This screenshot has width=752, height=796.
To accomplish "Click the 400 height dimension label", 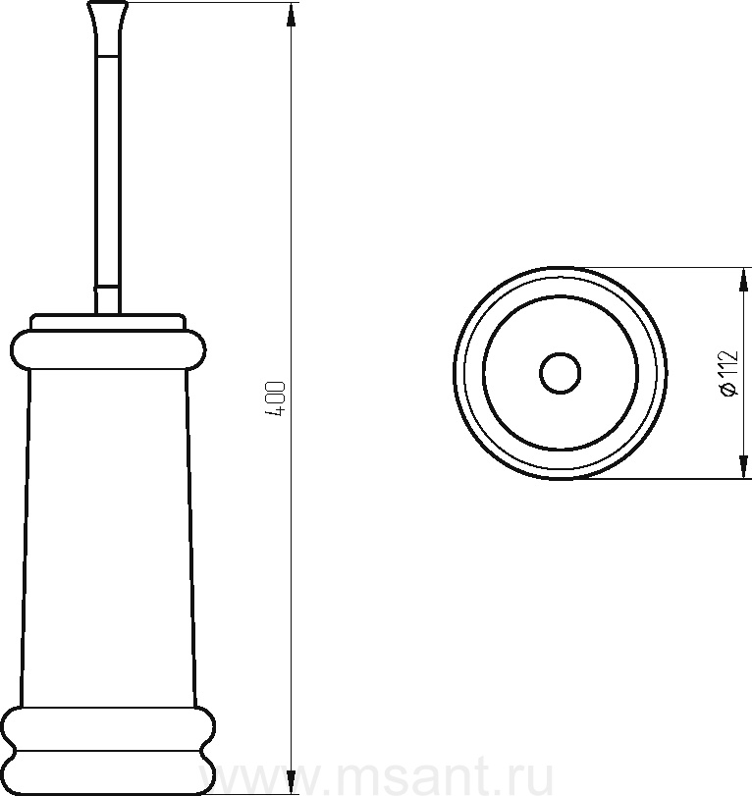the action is (276, 399).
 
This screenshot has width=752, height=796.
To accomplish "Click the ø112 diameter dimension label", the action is (729, 373).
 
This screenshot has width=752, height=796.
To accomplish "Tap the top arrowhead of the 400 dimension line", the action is (291, 15).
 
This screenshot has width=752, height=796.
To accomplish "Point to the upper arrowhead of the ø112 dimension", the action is (744, 280).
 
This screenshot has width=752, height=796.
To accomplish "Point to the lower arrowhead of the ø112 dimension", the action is (744, 466).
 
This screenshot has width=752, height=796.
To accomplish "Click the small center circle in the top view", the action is (560, 373).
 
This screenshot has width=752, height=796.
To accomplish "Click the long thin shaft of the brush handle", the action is (108, 173).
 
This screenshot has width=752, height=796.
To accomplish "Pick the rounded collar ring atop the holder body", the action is (108, 349).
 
